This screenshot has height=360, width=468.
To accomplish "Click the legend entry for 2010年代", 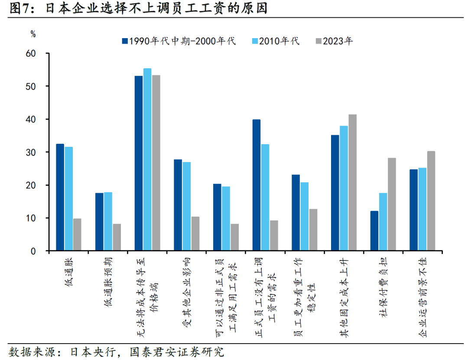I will point(276,41).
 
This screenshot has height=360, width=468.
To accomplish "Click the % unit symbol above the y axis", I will point(33,33).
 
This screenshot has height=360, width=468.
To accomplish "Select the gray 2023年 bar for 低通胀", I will point(77,235).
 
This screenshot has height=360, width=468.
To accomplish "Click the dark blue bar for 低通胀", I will point(60,198).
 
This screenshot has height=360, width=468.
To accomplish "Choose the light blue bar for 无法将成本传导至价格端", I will point(147,160).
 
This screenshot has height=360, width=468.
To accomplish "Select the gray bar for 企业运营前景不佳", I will point(431,201).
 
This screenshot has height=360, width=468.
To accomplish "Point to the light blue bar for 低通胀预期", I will point(108,221).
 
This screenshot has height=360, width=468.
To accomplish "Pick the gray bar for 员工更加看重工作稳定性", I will point(313,230).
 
